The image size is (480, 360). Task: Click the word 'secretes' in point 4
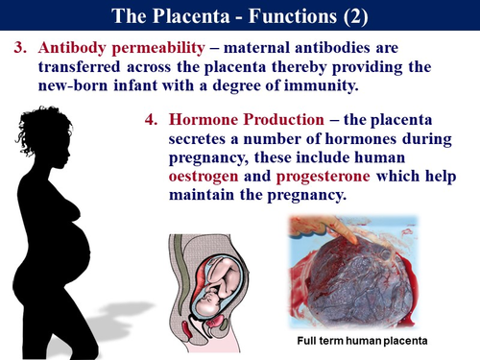202,139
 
